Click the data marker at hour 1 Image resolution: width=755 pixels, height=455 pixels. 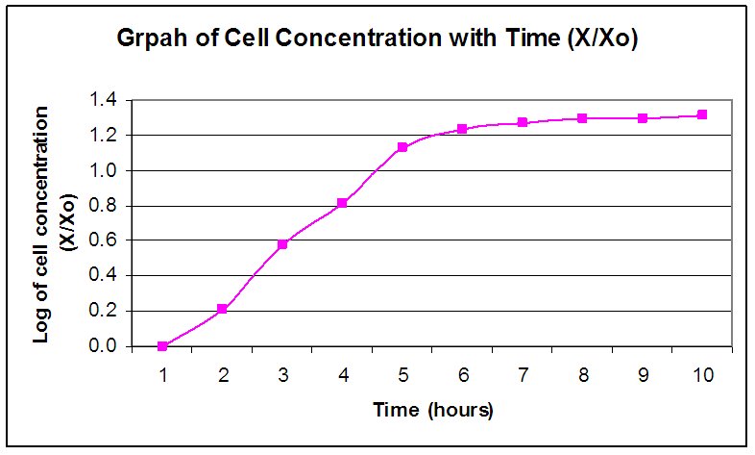[x=162, y=346]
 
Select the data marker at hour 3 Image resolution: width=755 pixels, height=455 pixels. [x=282, y=244]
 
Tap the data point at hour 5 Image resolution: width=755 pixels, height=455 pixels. [x=402, y=147]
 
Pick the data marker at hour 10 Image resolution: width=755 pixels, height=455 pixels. [x=702, y=114]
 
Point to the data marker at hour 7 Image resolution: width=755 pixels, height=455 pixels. [x=523, y=122]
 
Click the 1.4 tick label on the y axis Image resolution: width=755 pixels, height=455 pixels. [x=103, y=100]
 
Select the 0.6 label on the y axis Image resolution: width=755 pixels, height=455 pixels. [x=103, y=240]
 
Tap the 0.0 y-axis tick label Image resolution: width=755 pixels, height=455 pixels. [x=103, y=345]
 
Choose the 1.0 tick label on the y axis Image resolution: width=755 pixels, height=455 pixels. [x=103, y=170]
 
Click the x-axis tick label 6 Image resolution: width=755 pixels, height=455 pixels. [x=463, y=374]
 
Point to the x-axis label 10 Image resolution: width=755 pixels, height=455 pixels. [x=703, y=374]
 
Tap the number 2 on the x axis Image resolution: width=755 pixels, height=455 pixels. [x=223, y=374]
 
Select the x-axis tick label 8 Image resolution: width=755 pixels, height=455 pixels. [x=583, y=374]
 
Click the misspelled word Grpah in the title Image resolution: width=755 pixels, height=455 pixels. [x=152, y=38]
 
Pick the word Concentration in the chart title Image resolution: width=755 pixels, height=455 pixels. [x=358, y=38]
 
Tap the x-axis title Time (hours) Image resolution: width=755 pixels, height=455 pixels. [x=433, y=410]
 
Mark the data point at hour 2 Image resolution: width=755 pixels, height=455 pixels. [x=222, y=309]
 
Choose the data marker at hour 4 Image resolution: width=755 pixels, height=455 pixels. [x=342, y=203]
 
